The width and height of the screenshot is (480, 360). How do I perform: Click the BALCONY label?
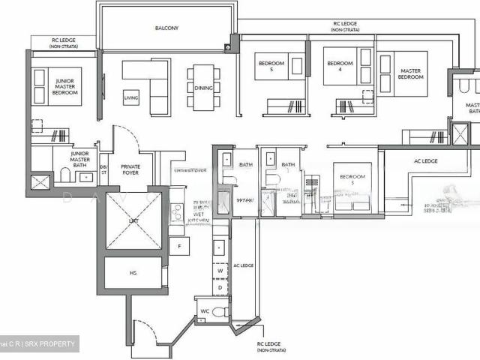click(x=166, y=28)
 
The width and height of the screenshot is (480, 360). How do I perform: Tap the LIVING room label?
click(x=131, y=97)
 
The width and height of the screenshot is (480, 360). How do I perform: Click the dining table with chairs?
click(x=203, y=88)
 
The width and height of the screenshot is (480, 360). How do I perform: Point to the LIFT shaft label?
click(x=132, y=221)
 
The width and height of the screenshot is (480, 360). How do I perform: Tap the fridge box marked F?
click(x=178, y=247)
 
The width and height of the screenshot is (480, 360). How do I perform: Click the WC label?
click(x=204, y=311)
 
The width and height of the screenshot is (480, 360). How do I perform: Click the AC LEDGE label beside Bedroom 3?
click(x=426, y=160)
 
